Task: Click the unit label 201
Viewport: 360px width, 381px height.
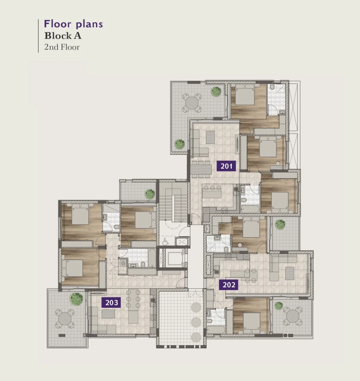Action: [x=226, y=166]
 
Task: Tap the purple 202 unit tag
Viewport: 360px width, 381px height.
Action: [x=229, y=285]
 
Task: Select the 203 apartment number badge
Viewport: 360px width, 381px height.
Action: [x=111, y=302]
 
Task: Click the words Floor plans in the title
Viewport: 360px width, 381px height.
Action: [x=73, y=24]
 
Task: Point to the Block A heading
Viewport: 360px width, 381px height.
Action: [x=63, y=36]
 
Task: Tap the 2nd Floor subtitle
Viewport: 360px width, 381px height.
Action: [x=62, y=47]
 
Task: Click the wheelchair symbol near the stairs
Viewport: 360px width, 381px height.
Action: [x=166, y=241]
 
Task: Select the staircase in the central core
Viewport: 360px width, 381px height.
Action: [x=173, y=202]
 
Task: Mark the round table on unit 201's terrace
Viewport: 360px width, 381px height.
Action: [x=192, y=103]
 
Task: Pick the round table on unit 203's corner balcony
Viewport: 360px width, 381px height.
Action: [x=65, y=318]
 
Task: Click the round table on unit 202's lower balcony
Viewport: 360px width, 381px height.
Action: [x=293, y=316]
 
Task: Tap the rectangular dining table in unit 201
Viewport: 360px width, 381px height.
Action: [x=201, y=169]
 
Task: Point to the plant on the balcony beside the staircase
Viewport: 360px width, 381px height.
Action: [x=150, y=194]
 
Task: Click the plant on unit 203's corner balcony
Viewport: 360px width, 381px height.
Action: [x=76, y=299]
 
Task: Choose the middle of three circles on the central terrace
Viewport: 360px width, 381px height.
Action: [x=196, y=323]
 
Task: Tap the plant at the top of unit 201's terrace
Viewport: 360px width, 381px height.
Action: [x=216, y=92]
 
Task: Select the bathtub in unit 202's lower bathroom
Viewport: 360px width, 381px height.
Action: [x=216, y=330]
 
